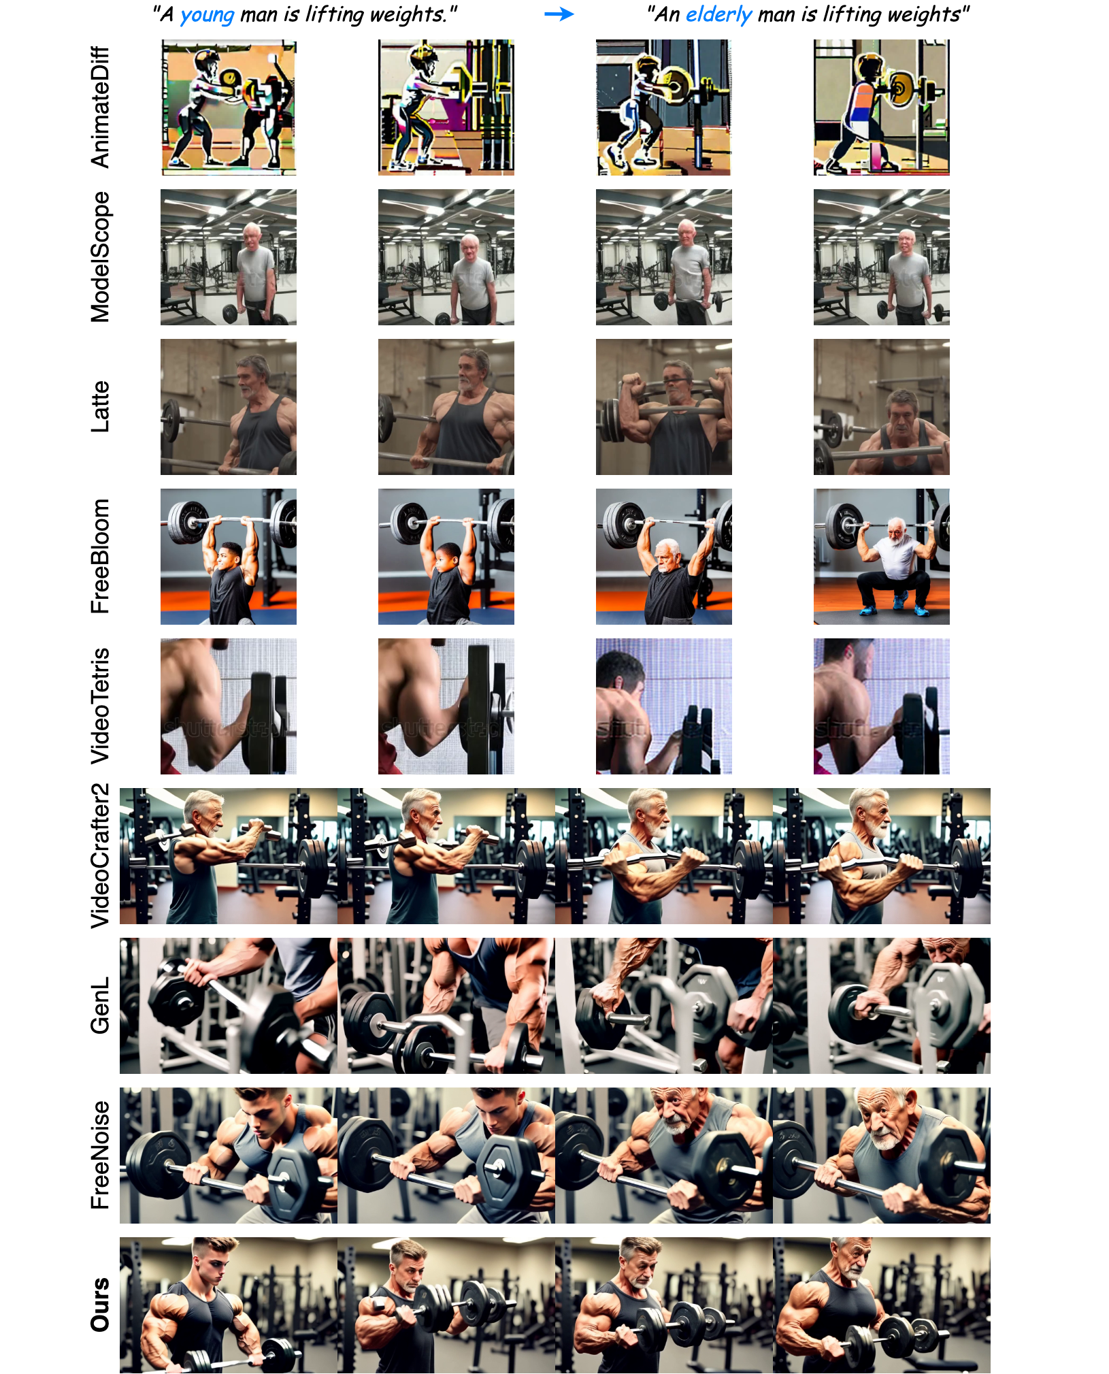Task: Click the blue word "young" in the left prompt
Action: tap(207, 16)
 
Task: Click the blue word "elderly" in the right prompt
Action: tap(718, 15)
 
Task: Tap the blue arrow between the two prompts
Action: tap(559, 14)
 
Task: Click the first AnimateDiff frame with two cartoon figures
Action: tap(229, 108)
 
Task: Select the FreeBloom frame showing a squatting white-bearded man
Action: tap(882, 557)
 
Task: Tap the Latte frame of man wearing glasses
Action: tap(664, 407)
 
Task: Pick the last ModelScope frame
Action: tap(882, 257)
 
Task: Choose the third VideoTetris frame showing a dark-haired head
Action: tap(664, 706)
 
